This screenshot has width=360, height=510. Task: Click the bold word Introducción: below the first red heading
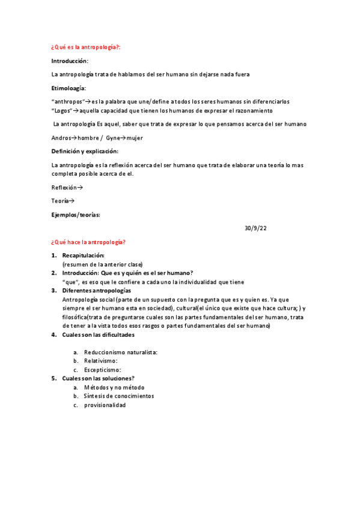pos(70,61)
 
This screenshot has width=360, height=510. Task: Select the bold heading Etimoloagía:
pos(69,88)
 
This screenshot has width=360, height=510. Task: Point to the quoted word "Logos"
pos(62,111)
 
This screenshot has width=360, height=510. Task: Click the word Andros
pos(62,138)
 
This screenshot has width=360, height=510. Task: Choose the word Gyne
pos(113,138)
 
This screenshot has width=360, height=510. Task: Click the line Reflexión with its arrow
pos(67,188)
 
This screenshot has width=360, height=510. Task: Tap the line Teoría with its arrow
pos(63,201)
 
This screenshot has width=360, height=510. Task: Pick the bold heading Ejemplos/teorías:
pos(76,215)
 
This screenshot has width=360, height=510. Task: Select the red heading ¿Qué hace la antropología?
pos(88,242)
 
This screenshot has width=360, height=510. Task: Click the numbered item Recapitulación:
pos(88,256)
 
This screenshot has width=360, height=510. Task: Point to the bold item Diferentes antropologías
pos(96,290)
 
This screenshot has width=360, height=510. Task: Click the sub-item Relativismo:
pos(100,361)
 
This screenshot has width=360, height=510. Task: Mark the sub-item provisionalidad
pos(105,405)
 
